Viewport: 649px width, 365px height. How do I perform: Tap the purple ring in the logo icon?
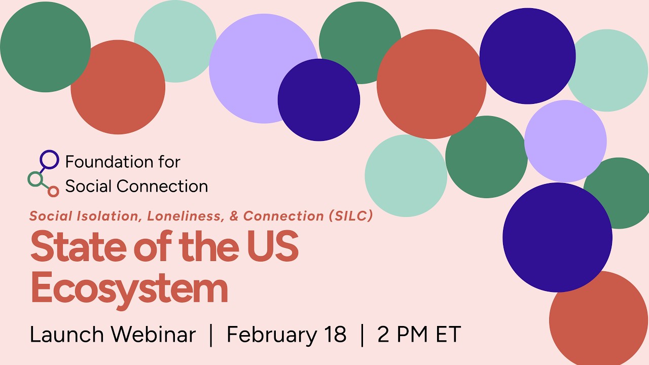click(x=49, y=159)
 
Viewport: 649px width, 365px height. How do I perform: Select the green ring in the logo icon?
click(x=35, y=179)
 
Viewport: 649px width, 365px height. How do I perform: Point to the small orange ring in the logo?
click(x=53, y=191)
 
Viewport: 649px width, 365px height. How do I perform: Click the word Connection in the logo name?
click(x=162, y=187)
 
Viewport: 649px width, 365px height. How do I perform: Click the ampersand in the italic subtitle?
click(x=234, y=216)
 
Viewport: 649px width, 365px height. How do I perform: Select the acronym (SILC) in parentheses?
click(x=351, y=216)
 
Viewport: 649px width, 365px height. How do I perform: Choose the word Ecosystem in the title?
click(x=129, y=288)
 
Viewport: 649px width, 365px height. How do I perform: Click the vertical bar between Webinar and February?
click(x=211, y=335)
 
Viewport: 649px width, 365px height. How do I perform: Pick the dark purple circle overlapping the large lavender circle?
click(x=319, y=100)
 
